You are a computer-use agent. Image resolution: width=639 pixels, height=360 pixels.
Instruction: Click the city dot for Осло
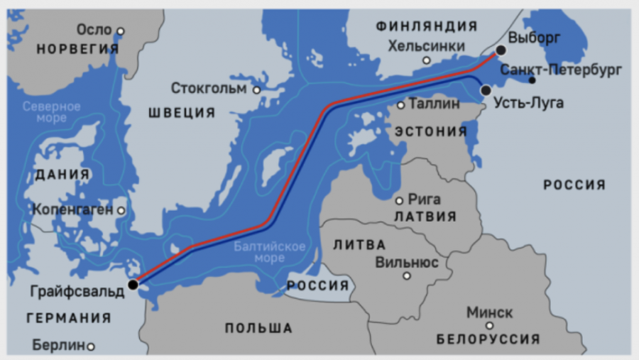[121, 31]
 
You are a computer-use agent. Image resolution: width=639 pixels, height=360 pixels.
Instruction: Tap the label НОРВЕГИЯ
[77, 49]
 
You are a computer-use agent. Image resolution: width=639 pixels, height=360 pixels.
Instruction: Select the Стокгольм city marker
[256, 90]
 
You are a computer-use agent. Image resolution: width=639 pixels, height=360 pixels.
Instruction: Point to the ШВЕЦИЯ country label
[182, 113]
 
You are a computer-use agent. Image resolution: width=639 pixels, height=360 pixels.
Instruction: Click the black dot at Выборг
[501, 50]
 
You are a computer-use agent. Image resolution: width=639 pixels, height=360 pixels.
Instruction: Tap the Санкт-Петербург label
[561, 70]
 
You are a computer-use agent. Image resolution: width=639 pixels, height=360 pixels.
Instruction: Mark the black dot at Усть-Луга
[486, 91]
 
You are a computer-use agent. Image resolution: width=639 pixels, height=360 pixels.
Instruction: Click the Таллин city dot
[400, 105]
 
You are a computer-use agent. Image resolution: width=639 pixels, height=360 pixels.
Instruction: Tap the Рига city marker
[399, 201]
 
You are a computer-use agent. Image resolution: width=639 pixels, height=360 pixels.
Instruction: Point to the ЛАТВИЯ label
[425, 217]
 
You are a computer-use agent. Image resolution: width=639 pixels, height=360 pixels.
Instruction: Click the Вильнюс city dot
[407, 276]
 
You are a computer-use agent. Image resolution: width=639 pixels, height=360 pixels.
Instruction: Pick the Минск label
[490, 312]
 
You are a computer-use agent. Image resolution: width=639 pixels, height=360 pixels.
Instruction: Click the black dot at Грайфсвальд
[133, 285]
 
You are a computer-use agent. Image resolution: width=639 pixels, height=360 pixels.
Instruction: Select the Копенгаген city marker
[121, 211]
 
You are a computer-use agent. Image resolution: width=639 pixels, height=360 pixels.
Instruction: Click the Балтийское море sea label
[270, 253]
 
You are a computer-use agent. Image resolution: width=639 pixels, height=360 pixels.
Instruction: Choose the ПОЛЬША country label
[258, 328]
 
